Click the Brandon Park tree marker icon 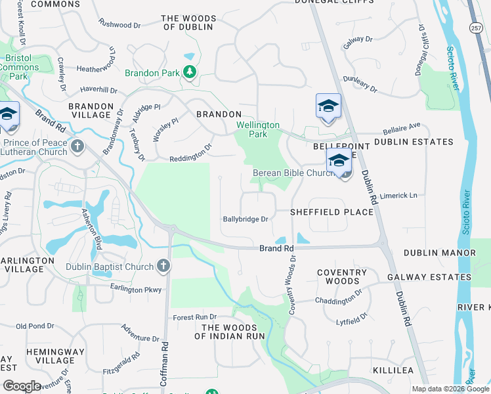tap(190, 72)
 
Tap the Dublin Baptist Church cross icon tap(163, 266)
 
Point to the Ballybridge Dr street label tap(246, 219)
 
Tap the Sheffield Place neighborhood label tap(323, 212)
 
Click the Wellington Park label tap(258, 129)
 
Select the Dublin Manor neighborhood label tap(440, 253)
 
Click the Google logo tap(22, 386)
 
